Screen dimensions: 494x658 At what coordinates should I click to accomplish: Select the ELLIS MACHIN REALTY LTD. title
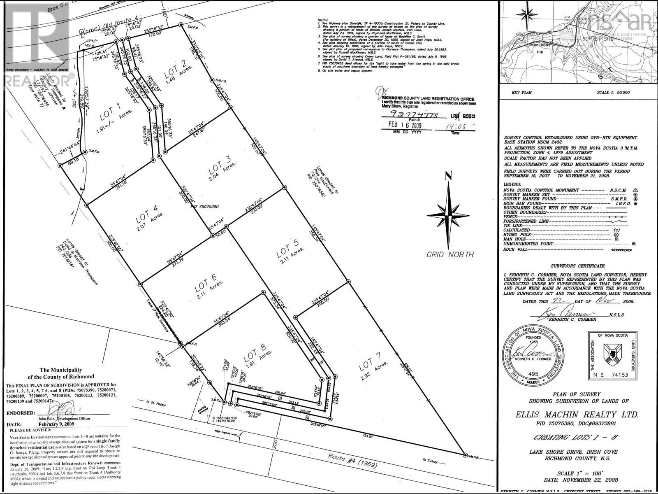point(577,414)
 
